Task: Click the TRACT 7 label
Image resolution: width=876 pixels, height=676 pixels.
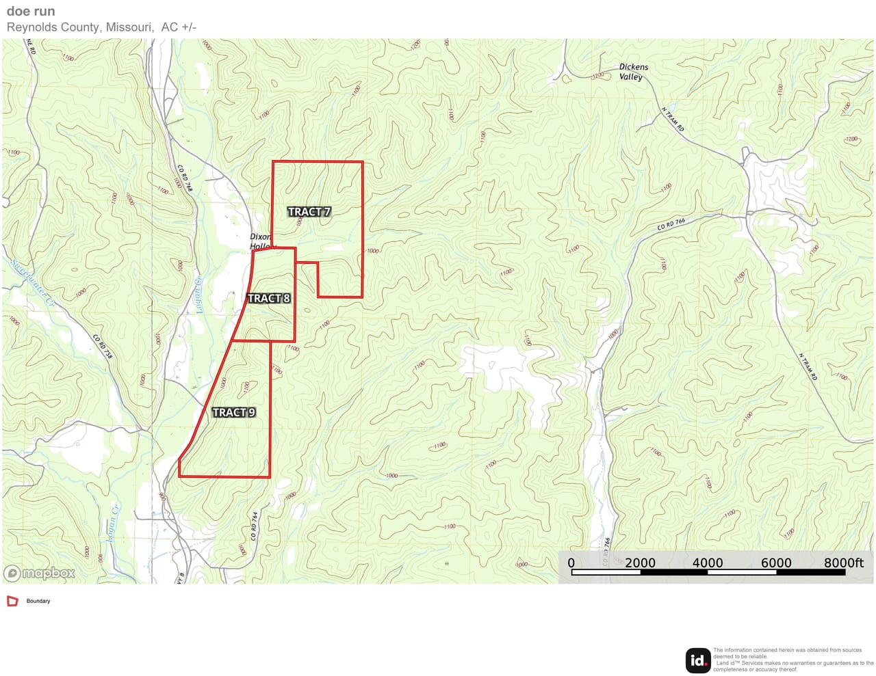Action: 309,212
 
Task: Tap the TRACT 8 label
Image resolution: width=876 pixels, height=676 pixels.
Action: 268,298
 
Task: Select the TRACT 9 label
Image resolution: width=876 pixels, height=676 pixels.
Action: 233,412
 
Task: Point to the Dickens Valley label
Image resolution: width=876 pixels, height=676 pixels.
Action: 633,72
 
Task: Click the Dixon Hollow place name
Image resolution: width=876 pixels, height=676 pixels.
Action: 261,241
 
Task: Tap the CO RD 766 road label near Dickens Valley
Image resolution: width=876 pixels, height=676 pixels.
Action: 671,224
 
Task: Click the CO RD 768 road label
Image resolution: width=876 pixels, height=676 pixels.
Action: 185,178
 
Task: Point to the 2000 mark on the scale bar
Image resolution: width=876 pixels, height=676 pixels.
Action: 640,563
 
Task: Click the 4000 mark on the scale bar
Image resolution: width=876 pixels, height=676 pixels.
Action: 708,563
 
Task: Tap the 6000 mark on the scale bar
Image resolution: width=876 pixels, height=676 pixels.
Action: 776,563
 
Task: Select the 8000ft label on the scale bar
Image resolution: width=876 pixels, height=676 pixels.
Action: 843,563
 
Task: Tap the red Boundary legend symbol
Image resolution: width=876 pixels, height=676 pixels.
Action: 12,601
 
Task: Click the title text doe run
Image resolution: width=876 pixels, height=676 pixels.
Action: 31,11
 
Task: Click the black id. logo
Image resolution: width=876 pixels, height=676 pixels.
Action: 697,660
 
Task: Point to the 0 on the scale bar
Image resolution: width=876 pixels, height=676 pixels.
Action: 571,563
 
